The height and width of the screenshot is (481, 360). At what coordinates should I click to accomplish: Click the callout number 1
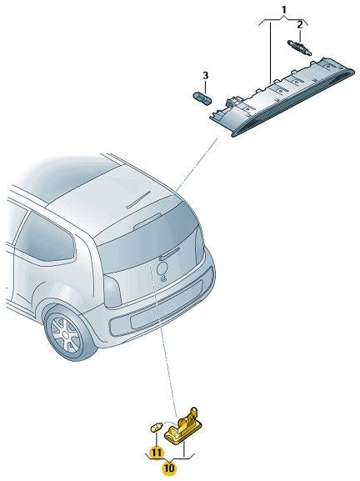[x=284, y=10]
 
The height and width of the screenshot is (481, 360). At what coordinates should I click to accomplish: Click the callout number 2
[x=300, y=25]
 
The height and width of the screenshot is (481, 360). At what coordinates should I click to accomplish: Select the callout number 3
[x=206, y=75]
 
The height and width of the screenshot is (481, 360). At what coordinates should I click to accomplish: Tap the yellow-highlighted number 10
[x=169, y=468]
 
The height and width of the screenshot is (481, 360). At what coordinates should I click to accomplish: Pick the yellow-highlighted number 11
[x=157, y=452]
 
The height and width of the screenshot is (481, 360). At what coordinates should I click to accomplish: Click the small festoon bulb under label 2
[x=299, y=48]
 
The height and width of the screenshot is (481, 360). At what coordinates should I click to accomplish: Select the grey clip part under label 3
[x=202, y=98]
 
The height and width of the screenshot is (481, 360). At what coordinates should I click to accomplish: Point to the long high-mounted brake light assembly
[x=282, y=96]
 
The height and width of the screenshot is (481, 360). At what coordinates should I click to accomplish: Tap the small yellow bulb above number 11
[x=157, y=427]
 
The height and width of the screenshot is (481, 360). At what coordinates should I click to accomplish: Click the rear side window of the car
[x=46, y=238]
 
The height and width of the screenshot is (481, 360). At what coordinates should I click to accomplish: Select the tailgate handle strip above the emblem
[x=169, y=253]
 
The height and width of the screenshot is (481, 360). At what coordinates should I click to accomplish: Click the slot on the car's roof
[x=139, y=199]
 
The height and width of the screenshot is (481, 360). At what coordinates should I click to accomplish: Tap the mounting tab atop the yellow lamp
[x=193, y=411]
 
